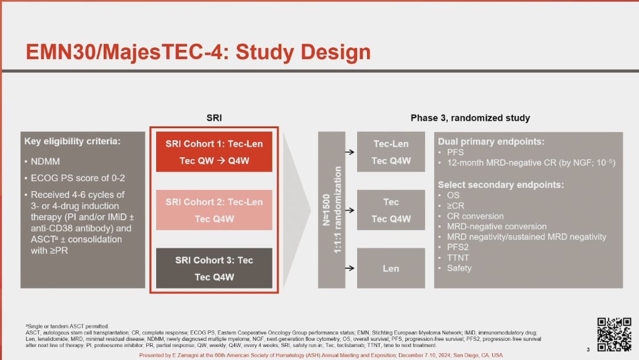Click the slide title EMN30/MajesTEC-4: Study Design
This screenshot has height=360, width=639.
[198, 52]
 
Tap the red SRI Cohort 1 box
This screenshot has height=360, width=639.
[214, 152]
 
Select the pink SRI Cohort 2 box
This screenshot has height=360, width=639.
[214, 210]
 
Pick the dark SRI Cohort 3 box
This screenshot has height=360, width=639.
[214, 268]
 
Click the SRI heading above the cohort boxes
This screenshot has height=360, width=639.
[214, 118]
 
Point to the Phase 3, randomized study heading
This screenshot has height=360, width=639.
[470, 118]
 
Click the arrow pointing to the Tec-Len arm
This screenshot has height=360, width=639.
[350, 152]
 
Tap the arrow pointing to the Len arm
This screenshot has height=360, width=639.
[350, 268]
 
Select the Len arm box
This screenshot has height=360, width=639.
[391, 268]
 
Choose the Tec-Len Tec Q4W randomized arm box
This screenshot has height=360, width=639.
[391, 152]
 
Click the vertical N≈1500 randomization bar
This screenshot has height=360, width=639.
[332, 210]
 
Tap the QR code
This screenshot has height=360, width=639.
[614, 334]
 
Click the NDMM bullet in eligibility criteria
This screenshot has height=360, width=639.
[45, 162]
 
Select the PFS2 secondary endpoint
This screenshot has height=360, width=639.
[458, 247]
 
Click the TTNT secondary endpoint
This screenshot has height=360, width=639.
[458, 258]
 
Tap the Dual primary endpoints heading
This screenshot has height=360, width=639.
[491, 142]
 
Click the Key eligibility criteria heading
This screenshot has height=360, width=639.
[73, 141]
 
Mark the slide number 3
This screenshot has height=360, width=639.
[588, 350]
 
